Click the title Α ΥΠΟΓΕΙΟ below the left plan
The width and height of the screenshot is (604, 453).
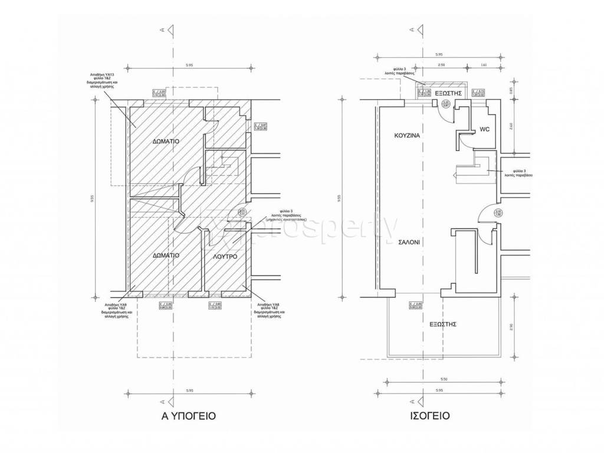tap(188, 416)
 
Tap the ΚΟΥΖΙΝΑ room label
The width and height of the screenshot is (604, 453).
tap(406, 136)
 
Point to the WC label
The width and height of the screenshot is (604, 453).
tap(485, 129)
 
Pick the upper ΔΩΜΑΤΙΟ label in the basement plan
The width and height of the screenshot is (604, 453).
tap(166, 142)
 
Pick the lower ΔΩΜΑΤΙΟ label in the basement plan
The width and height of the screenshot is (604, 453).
tap(166, 256)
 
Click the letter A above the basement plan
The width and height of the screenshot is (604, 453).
tap(169, 29)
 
